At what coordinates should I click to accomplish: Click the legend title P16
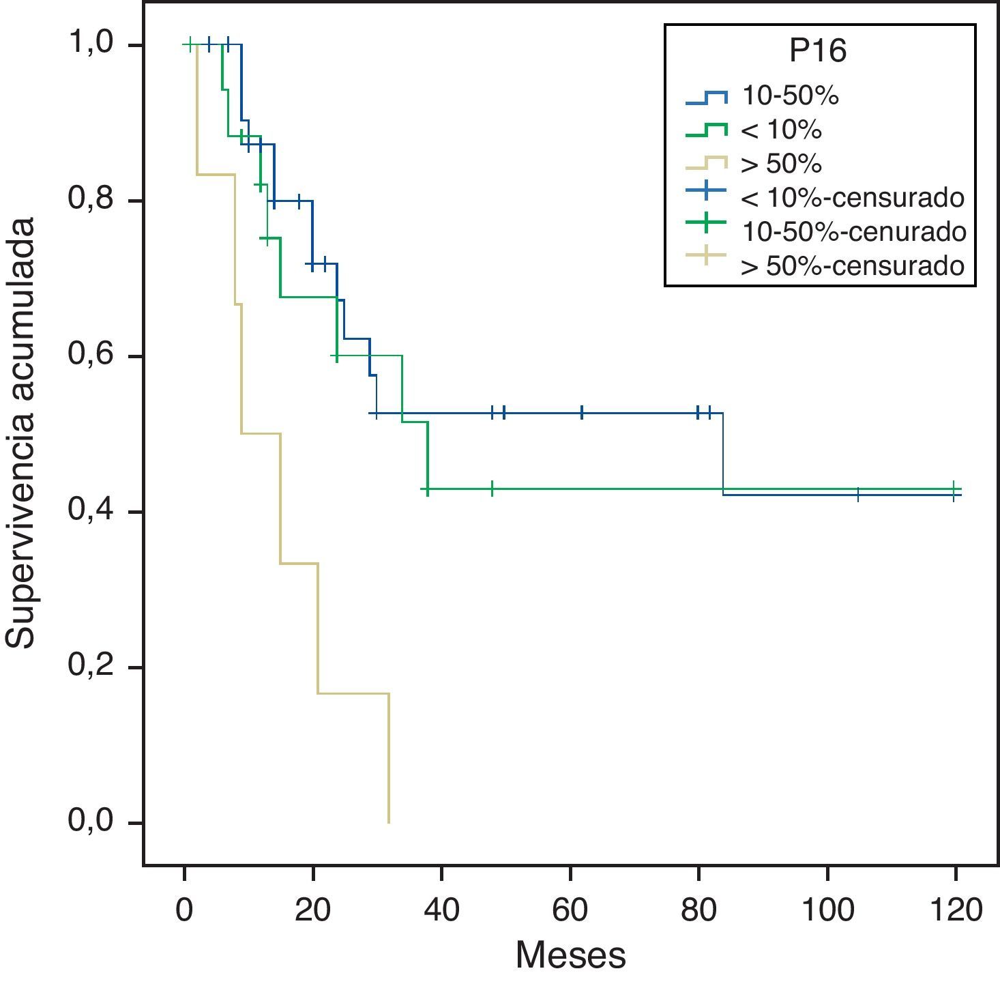(818, 52)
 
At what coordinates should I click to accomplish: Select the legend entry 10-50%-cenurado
(853, 232)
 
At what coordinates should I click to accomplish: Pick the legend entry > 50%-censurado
(852, 265)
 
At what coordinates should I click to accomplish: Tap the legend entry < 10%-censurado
(852, 198)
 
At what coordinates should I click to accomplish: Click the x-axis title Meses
(570, 955)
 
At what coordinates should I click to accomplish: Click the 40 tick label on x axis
(441, 911)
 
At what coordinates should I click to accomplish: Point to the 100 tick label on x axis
(827, 911)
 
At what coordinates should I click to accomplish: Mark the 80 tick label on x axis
(698, 911)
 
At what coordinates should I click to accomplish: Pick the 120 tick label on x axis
(955, 911)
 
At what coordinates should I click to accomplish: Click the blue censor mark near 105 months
(858, 495)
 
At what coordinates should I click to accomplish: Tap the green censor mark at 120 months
(955, 489)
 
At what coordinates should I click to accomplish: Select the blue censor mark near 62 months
(582, 413)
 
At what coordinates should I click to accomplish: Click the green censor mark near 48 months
(492, 489)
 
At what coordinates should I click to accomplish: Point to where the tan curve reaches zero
(389, 822)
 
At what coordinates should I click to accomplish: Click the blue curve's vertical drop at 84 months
(722, 454)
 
